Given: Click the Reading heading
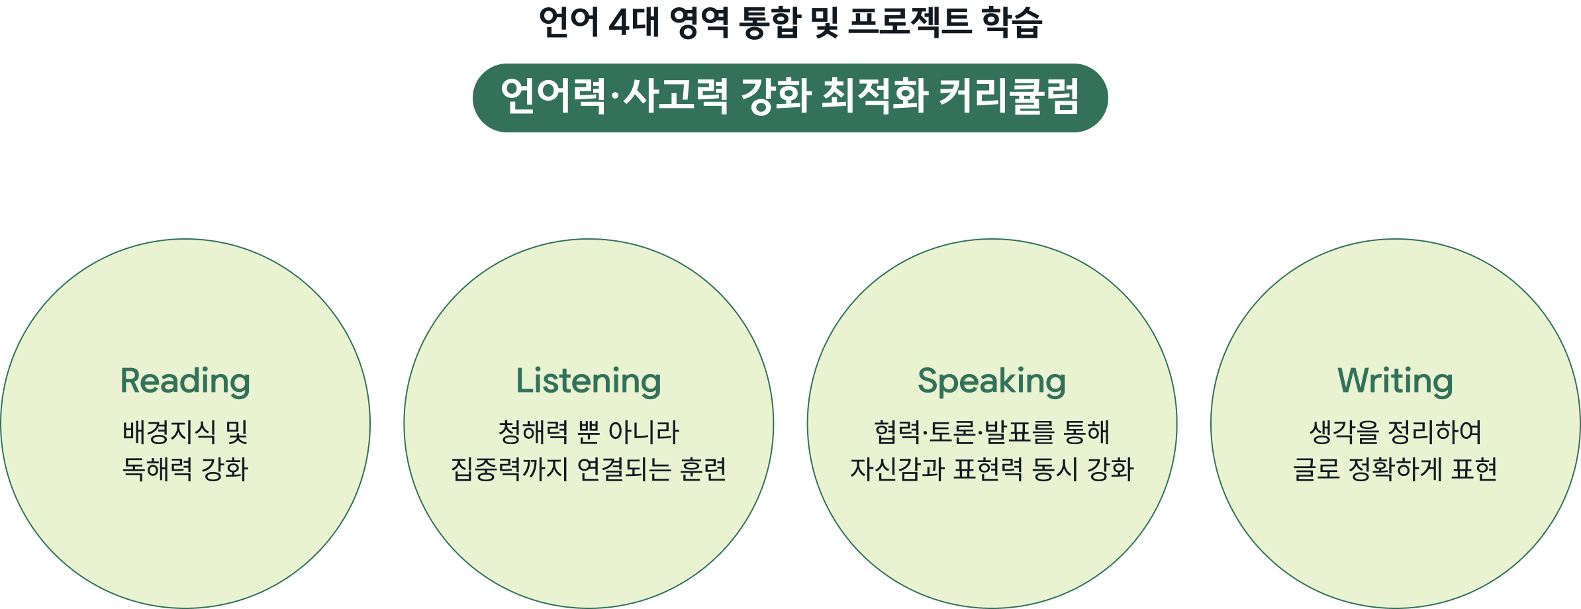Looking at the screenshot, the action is click(x=185, y=381).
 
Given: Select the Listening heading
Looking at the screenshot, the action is click(x=589, y=381).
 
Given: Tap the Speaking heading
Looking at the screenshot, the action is click(x=992, y=381).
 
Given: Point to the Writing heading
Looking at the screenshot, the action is click(x=1395, y=381).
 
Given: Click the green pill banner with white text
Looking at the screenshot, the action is click(x=790, y=98).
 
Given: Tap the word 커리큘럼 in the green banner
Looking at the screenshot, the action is click(x=1009, y=97).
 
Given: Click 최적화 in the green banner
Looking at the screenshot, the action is click(x=874, y=97).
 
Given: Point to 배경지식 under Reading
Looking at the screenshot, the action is click(x=169, y=432).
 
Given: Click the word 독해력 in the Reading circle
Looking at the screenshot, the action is click(x=158, y=469).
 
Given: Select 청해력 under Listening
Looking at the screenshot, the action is click(x=533, y=432).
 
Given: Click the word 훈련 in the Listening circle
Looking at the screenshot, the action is click(x=703, y=469).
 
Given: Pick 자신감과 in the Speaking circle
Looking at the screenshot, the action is click(x=897, y=469).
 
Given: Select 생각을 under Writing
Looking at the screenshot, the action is click(x=1345, y=432).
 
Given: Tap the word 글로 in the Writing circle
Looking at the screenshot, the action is click(x=1316, y=469).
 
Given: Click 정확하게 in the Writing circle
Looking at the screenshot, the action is click(x=1395, y=469).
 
